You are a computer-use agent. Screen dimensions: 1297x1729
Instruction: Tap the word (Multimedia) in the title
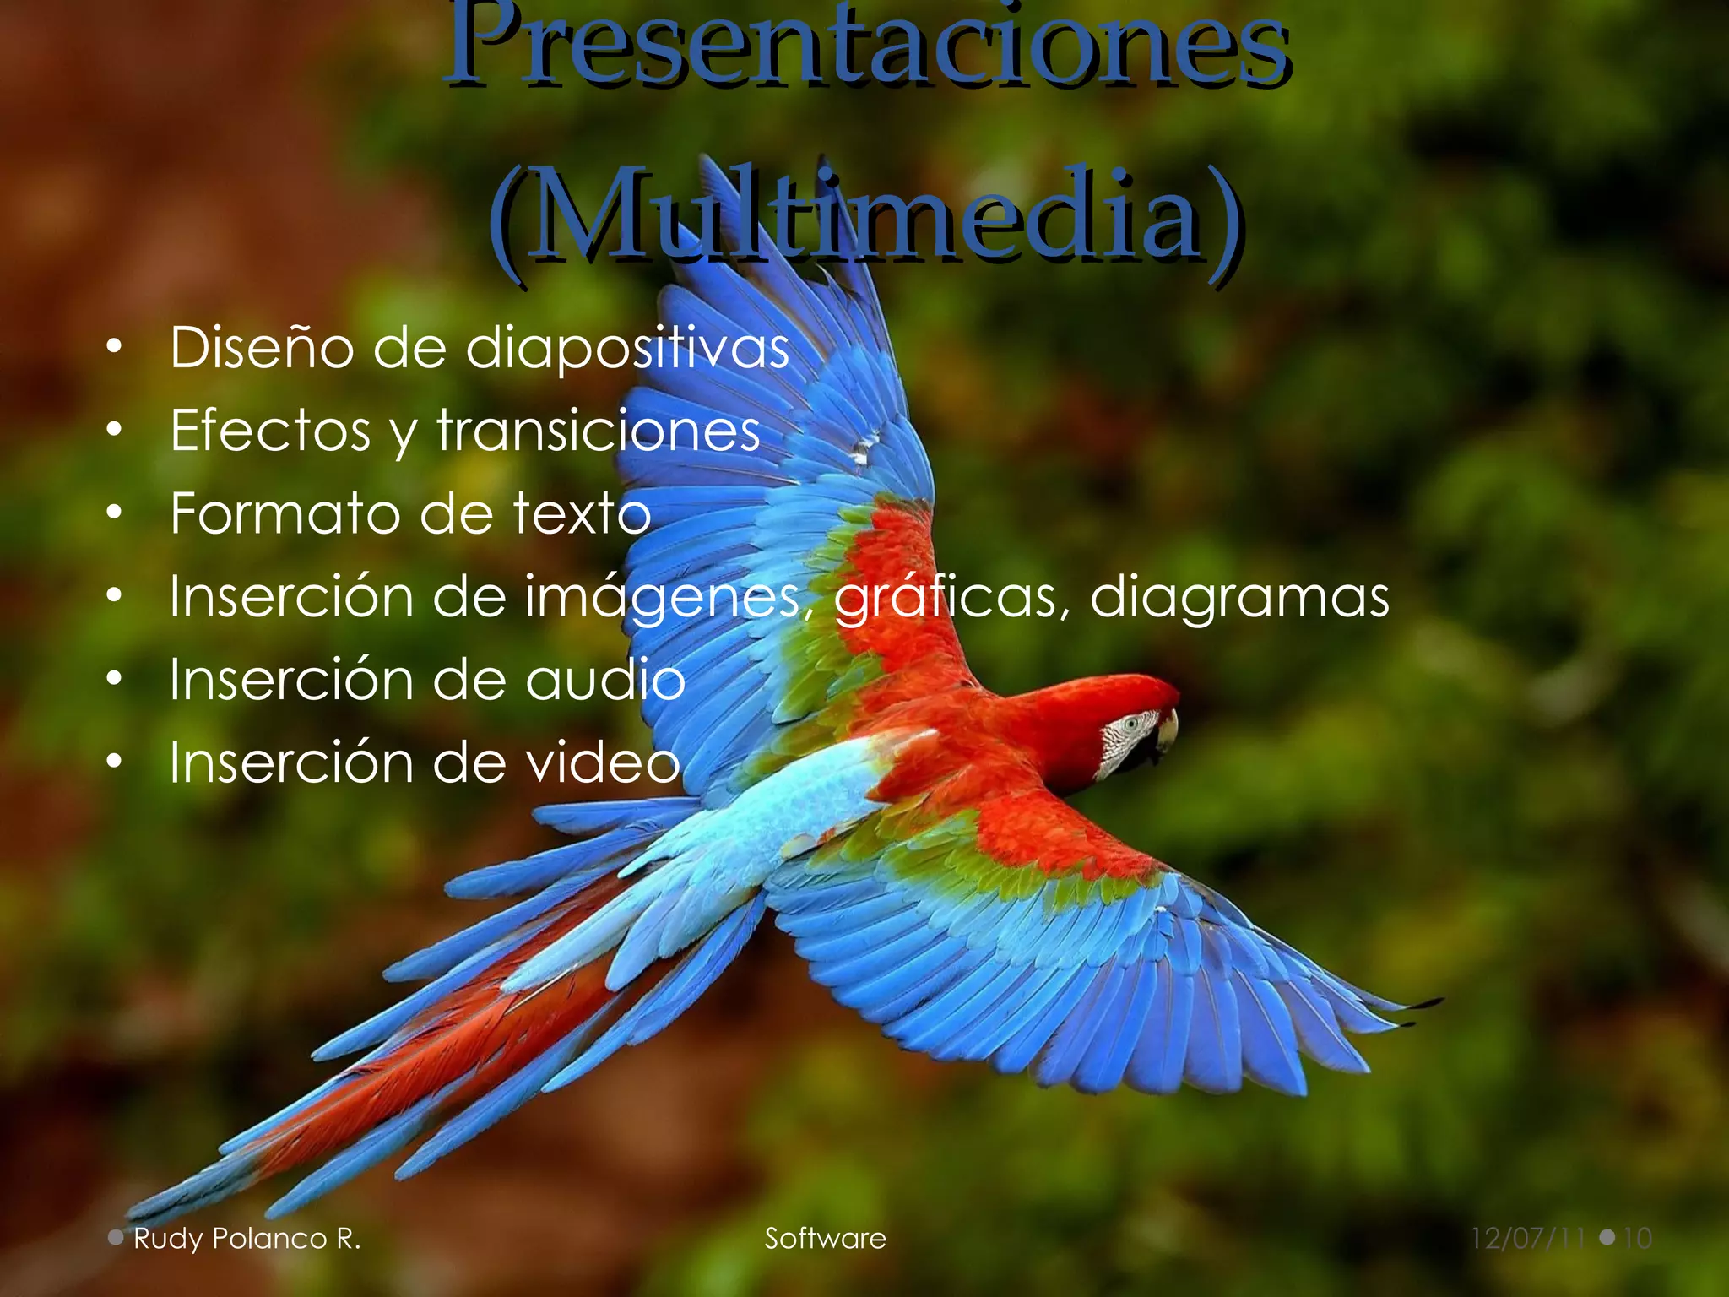pos(865,215)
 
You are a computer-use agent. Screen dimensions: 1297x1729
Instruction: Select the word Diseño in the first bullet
pos(262,347)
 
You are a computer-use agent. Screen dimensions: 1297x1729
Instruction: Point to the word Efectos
pos(270,430)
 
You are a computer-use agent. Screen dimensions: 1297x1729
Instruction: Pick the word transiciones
pos(599,430)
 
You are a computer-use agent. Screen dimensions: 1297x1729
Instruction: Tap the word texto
pos(582,513)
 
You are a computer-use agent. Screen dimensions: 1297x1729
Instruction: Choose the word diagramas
pos(1238,596)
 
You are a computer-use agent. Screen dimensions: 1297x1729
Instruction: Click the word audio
pos(605,679)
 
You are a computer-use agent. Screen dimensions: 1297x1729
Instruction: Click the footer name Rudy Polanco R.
pos(247,1239)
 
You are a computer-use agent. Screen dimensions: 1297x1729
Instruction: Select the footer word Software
pos(825,1239)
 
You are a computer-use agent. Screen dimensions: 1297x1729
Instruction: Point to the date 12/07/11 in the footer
pos(1528,1239)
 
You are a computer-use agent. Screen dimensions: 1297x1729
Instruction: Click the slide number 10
pos(1637,1239)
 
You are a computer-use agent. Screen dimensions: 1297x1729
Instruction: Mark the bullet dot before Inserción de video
pos(115,762)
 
